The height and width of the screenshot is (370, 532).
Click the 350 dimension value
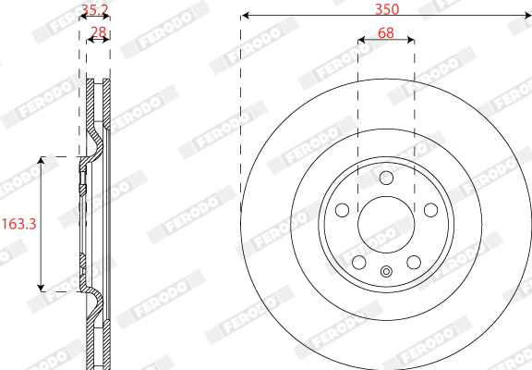(x=387, y=9)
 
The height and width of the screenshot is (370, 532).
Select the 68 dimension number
(x=386, y=33)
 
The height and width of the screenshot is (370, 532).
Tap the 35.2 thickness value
(x=94, y=10)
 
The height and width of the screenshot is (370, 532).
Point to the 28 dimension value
(x=99, y=32)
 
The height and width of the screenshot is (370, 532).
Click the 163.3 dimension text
(x=19, y=224)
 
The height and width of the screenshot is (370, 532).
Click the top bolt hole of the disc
(x=386, y=178)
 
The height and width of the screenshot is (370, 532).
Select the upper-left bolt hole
(x=342, y=210)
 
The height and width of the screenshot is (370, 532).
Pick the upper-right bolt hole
(x=431, y=210)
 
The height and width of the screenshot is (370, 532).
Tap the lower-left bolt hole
(x=359, y=263)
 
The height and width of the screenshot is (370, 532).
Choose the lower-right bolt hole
(x=414, y=263)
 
